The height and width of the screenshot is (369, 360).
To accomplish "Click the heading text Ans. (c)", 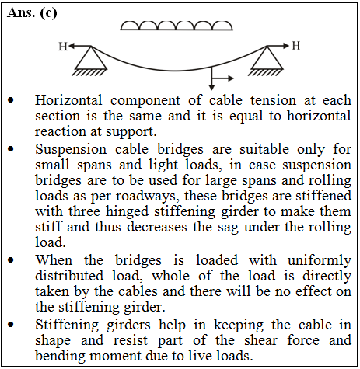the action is click(32, 13).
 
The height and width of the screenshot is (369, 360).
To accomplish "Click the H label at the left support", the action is click(63, 47).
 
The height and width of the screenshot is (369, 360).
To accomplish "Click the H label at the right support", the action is click(296, 46).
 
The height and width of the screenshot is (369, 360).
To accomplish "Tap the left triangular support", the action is click(91, 60).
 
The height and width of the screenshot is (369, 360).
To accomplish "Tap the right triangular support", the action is click(267, 60).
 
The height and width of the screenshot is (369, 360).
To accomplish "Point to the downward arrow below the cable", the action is click(211, 78).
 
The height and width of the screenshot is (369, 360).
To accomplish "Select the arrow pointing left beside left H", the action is click(80, 46).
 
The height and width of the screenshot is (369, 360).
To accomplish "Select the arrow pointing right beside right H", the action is click(278, 46).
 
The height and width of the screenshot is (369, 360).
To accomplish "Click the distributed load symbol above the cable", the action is click(177, 26).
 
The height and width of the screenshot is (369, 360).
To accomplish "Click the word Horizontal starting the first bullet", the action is click(68, 100).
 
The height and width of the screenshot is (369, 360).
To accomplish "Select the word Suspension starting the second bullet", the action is click(71, 150).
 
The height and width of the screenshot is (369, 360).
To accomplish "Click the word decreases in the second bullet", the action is click(157, 227).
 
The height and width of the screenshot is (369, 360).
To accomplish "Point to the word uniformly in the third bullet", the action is click(320, 260).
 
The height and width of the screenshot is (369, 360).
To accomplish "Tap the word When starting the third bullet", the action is click(54, 260).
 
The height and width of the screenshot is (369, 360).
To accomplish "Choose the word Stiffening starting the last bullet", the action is click(67, 325).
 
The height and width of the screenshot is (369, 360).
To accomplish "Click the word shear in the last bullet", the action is click(260, 340).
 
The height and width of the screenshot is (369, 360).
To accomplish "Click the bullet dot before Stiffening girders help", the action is click(11, 325).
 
